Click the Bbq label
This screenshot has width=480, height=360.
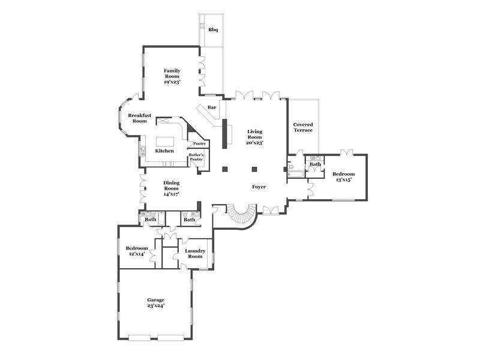pyautogui.click(x=213, y=29)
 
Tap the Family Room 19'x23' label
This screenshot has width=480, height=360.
pyautogui.click(x=172, y=76)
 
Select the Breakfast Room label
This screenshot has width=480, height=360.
pyautogui.click(x=140, y=118)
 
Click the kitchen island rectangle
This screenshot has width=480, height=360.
pyautogui.click(x=165, y=142)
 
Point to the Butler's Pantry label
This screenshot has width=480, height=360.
pyautogui.click(x=196, y=157)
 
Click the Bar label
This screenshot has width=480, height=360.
pyautogui.click(x=212, y=107)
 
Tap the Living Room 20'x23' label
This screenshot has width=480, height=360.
pyautogui.click(x=254, y=137)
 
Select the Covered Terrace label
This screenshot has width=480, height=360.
pyautogui.click(x=303, y=127)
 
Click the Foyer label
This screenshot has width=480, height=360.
pyautogui.click(x=259, y=187)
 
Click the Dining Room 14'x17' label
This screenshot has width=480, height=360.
pyautogui.click(x=171, y=188)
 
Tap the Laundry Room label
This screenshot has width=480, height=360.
pyautogui.click(x=195, y=253)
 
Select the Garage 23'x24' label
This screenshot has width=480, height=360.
pyautogui.click(x=156, y=303)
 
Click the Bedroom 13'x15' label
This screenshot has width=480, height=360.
pyautogui.click(x=343, y=176)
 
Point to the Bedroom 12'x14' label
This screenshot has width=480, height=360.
pyautogui.click(x=137, y=251)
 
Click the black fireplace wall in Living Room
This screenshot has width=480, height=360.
pyautogui.click(x=224, y=133)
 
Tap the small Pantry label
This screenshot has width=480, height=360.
pyautogui.click(x=199, y=143)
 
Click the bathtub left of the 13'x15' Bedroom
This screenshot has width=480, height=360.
pyautogui.click(x=296, y=175)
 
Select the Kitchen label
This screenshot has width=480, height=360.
pyautogui.click(x=164, y=151)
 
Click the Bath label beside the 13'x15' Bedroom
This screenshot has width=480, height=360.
pyautogui.click(x=315, y=164)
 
